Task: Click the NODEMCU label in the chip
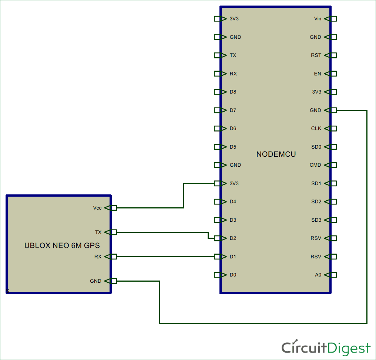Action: [276, 154]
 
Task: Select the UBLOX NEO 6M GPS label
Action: [62, 245]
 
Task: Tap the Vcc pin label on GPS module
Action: [97, 208]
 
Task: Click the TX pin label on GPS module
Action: [98, 232]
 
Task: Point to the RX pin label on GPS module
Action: [98, 257]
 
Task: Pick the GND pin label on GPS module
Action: [95, 281]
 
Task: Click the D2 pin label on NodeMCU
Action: [233, 238]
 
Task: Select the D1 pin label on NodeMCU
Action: [233, 257]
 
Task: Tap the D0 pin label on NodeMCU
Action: [233, 275]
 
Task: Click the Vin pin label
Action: [318, 18]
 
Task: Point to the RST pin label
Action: [316, 55]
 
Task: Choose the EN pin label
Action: [318, 74]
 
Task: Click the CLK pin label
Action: [316, 129]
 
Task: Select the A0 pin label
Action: [318, 275]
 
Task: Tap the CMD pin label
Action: [315, 165]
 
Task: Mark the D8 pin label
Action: [233, 92]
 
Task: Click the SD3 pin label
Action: [316, 220]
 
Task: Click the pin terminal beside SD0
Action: [333, 147]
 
